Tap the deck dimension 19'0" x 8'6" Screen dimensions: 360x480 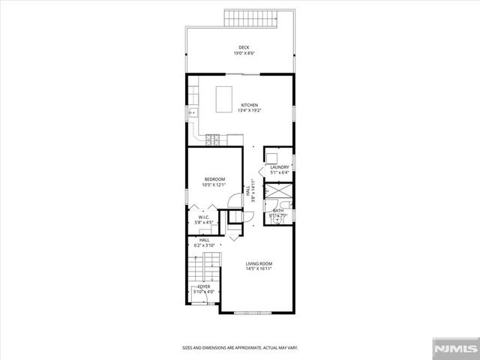tap(239, 53)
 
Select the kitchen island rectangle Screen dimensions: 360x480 tap(223, 99)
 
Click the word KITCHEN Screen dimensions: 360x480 tap(250, 105)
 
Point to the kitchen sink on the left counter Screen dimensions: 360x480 tap(191, 112)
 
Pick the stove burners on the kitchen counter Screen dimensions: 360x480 tap(214, 139)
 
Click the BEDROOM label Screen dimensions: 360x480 tap(215, 178)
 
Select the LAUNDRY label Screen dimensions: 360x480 tap(280, 167)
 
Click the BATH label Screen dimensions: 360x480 tap(278, 211)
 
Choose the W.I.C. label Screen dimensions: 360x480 tap(204, 217)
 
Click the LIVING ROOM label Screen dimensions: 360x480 tap(259, 263)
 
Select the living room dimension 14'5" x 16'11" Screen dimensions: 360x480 tap(259, 268)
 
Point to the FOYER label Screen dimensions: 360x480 tap(204, 286)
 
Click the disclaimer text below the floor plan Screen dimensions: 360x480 tap(240, 347)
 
